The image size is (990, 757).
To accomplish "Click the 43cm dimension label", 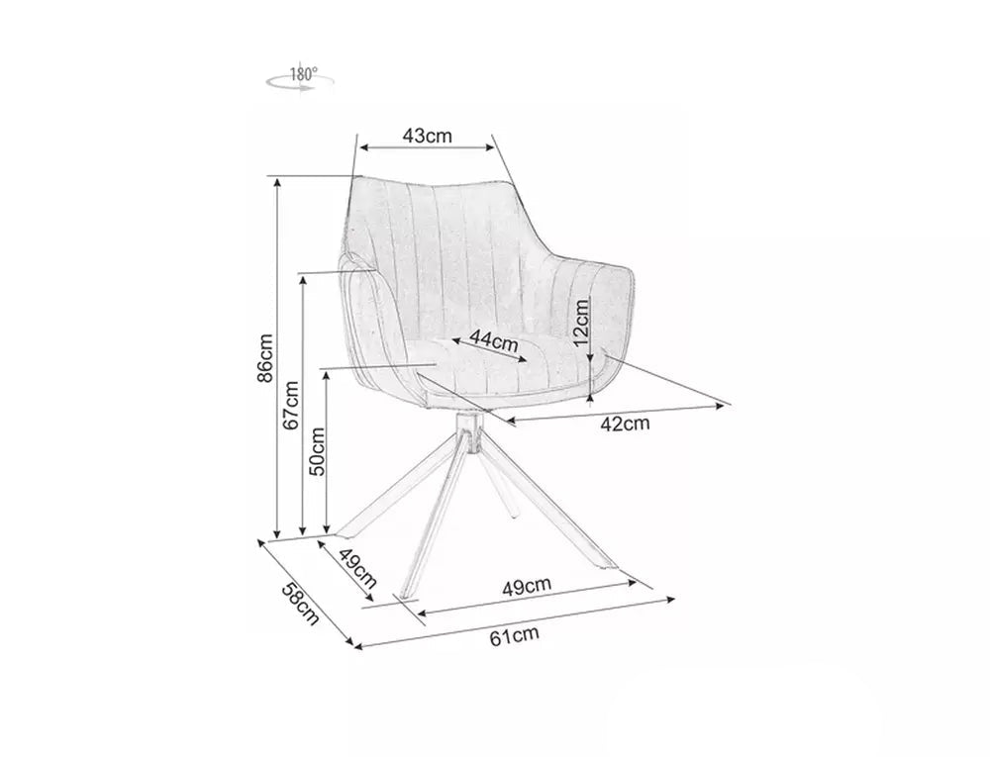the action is click(x=428, y=136).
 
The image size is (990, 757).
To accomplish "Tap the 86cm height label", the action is click(x=265, y=358).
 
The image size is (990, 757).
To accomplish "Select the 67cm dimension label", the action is click(x=291, y=405).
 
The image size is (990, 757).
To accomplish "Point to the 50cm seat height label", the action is click(x=317, y=451).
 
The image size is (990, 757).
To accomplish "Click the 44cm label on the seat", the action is click(x=494, y=342).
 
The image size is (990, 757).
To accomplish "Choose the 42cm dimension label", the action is click(x=625, y=424).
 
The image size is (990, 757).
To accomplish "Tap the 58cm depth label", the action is click(x=300, y=604).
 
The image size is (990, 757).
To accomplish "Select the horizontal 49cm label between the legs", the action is click(x=527, y=587).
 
